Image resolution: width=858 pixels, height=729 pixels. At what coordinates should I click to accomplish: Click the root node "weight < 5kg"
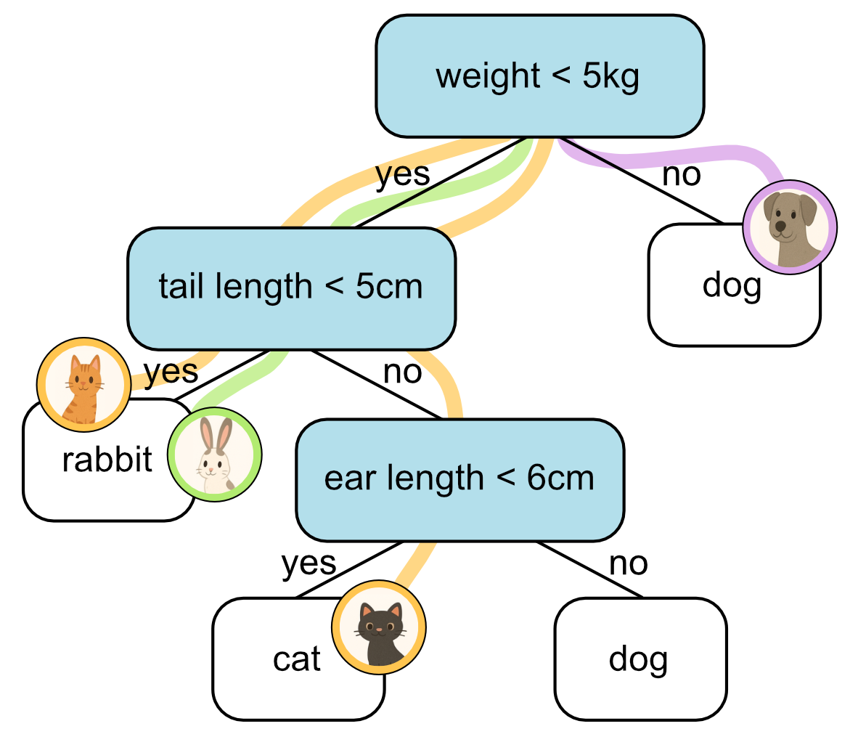tap(539, 76)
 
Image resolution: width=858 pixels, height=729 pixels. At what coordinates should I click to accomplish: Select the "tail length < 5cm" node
tap(290, 288)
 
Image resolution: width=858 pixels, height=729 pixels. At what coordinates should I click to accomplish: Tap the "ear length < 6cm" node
tap(459, 478)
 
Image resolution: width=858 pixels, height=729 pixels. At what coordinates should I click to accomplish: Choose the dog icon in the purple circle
tap(790, 227)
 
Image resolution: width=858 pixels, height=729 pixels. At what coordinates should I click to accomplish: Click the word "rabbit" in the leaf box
tap(107, 460)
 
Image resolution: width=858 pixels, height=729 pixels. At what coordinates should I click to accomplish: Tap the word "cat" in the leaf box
tap(297, 659)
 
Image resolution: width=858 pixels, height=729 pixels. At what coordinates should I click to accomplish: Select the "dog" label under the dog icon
tap(732, 285)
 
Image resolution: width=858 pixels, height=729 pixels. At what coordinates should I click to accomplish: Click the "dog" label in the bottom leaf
tap(638, 659)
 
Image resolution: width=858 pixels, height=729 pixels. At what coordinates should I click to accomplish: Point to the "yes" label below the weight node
tap(402, 175)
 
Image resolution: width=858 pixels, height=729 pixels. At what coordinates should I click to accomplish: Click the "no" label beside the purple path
tap(682, 175)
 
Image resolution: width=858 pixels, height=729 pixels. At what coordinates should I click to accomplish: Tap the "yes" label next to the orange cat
tap(171, 371)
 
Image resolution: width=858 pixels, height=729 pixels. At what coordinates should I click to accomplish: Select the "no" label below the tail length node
tap(402, 372)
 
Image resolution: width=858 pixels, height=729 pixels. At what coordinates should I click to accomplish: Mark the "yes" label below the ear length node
tap(309, 563)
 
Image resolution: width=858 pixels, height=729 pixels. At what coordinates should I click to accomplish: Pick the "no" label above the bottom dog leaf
tap(628, 563)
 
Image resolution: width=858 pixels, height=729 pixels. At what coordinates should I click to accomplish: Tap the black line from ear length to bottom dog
tap(589, 569)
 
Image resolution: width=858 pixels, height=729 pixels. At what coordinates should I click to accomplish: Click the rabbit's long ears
tap(215, 435)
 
